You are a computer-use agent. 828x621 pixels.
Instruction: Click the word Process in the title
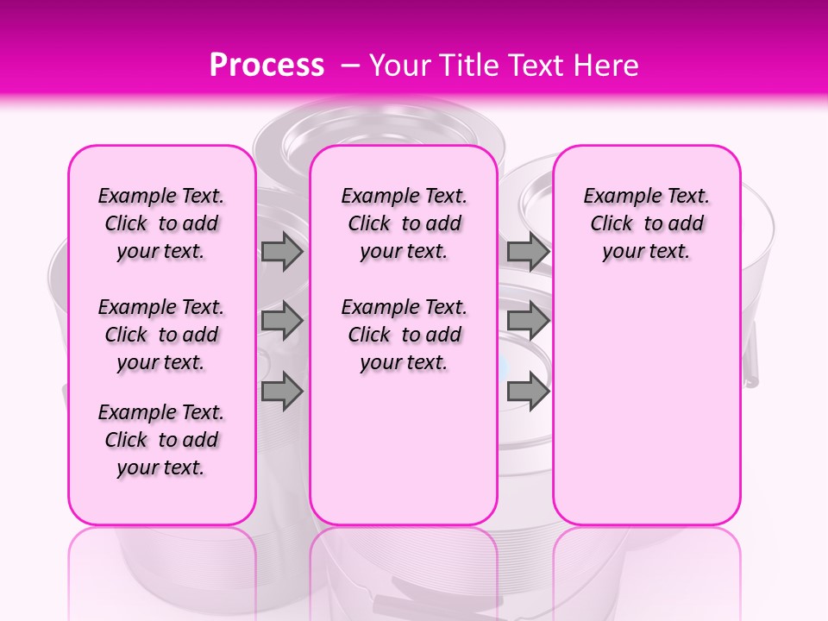pyautogui.click(x=267, y=66)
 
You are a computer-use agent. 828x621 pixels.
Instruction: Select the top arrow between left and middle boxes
pyautogui.click(x=282, y=252)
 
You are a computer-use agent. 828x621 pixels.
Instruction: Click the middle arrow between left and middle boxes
pyautogui.click(x=282, y=321)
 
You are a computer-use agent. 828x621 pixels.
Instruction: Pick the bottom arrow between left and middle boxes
pyautogui.click(x=282, y=391)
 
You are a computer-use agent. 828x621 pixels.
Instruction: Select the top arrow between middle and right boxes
pyautogui.click(x=528, y=252)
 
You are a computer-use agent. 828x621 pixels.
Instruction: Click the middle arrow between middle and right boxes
pyautogui.click(x=528, y=321)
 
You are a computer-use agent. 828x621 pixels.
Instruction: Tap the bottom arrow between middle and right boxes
pyautogui.click(x=528, y=391)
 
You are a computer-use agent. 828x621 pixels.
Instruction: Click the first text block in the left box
pyautogui.click(x=161, y=223)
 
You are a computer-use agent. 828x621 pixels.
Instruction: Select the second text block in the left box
pyautogui.click(x=161, y=335)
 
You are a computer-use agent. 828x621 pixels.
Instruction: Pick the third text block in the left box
pyautogui.click(x=161, y=440)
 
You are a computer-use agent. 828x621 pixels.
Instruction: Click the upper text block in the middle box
pyautogui.click(x=404, y=223)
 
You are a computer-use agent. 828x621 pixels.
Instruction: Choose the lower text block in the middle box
pyautogui.click(x=404, y=335)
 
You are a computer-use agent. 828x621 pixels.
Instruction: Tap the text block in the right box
pyautogui.click(x=646, y=223)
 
